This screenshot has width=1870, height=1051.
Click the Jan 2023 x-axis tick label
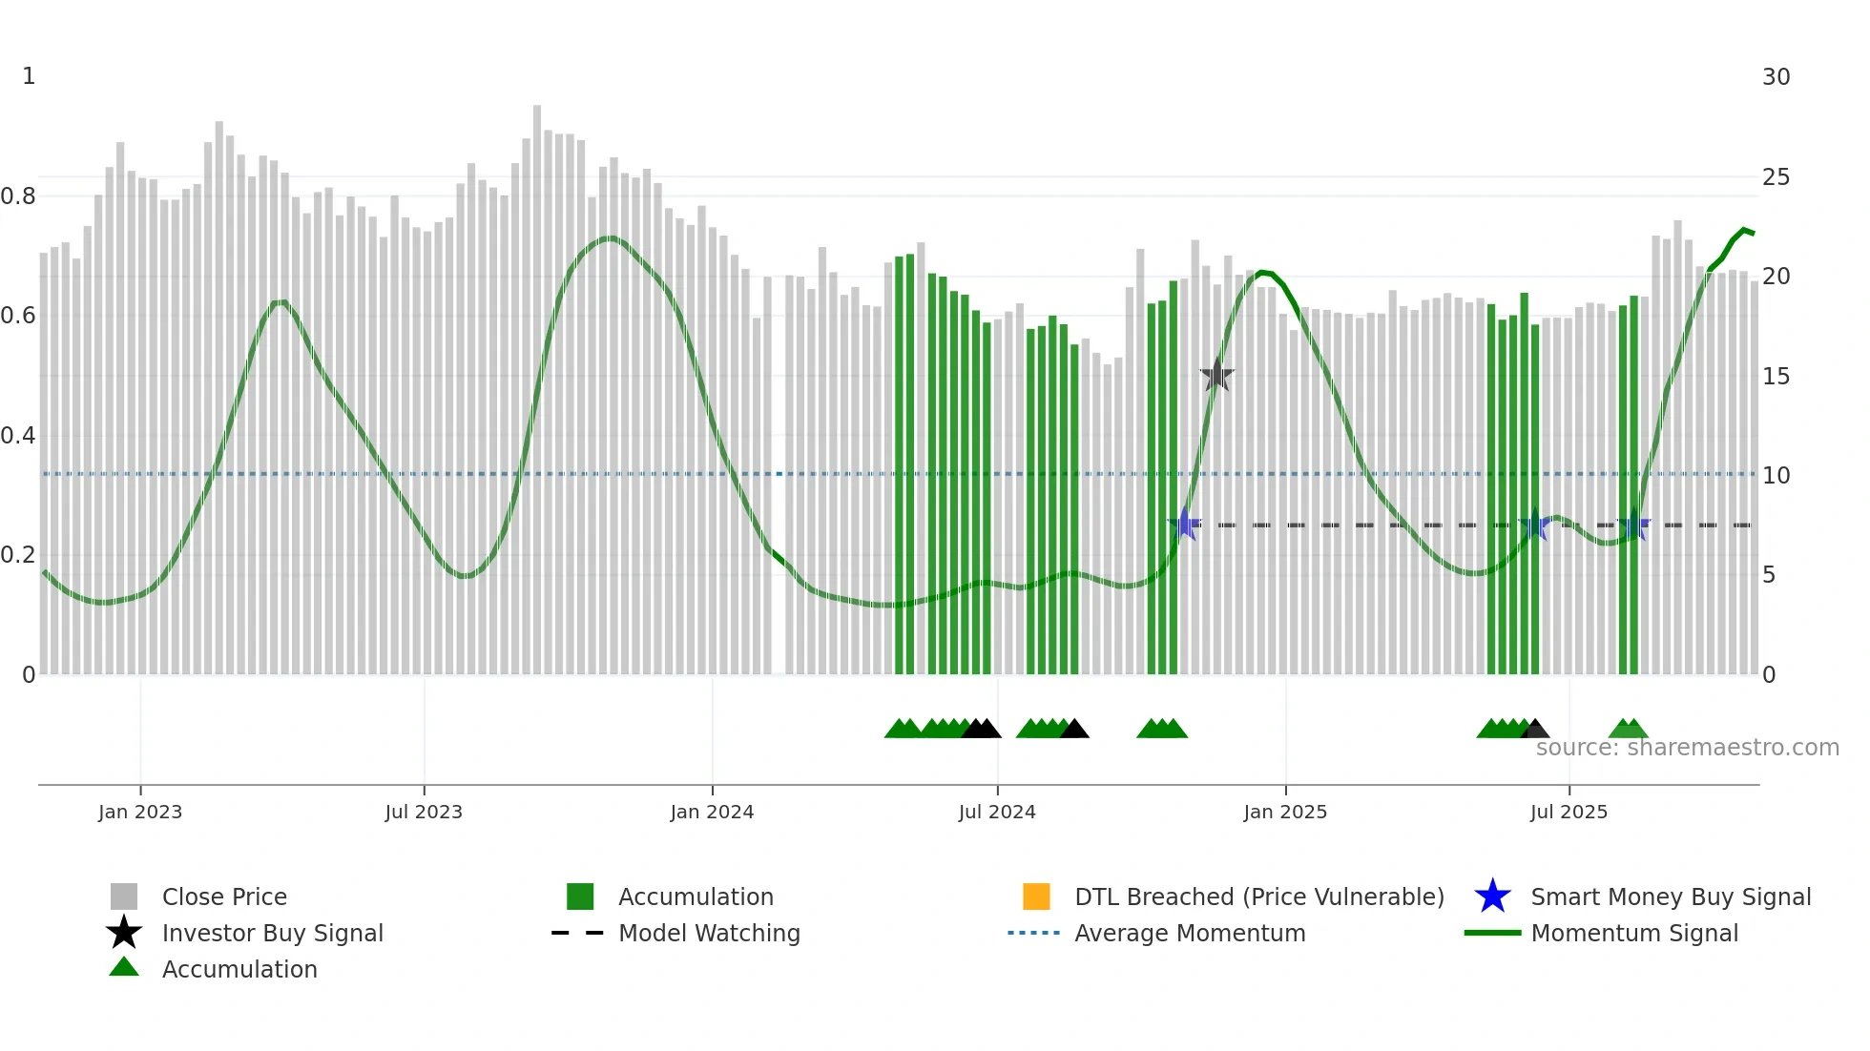coord(139,812)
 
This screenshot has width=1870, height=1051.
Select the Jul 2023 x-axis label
coord(424,812)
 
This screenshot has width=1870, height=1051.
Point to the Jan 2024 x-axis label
coord(712,812)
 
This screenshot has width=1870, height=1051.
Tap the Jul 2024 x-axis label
coord(997,812)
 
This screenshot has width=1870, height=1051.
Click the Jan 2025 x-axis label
coord(1285,812)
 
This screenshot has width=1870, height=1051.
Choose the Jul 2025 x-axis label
coord(1569,812)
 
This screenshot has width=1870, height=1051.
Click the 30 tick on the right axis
coord(1776,77)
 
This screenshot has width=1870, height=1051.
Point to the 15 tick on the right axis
coord(1776,377)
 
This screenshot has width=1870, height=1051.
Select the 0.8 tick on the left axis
coord(18,196)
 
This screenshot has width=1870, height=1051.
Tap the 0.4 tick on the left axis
coord(18,436)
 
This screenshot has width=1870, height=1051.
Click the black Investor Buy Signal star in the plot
coord(1216,375)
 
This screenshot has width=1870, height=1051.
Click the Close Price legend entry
coord(223,896)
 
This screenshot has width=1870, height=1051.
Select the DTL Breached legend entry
coord(1258,896)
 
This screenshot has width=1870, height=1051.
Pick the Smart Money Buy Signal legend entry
coord(1670,896)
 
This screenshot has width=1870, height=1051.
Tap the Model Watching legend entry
coord(708,933)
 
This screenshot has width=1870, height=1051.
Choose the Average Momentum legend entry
coord(1189,933)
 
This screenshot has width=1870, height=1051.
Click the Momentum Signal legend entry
coord(1633,933)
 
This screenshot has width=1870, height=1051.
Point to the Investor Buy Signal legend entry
coord(272,933)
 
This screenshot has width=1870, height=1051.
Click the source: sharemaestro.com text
coord(1687,748)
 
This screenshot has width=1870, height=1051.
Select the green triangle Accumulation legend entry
coord(239,969)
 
